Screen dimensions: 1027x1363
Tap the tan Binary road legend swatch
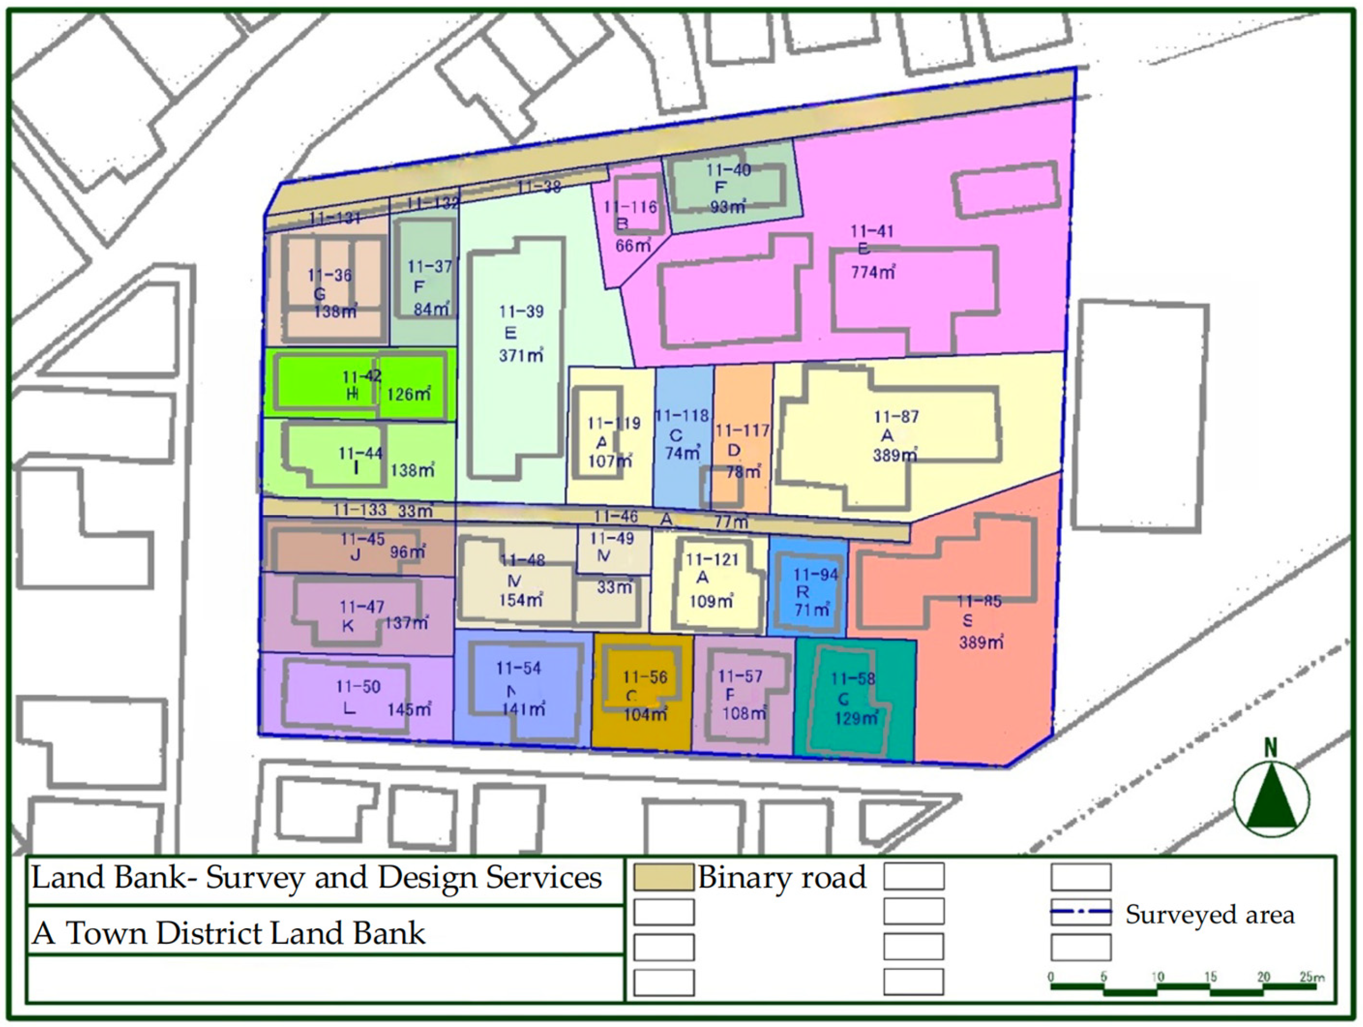click(664, 877)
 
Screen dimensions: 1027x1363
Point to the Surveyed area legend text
click(1210, 915)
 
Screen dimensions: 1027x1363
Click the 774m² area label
click(873, 271)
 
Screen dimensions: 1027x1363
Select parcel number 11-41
click(871, 232)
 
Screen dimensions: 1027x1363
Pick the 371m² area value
click(521, 356)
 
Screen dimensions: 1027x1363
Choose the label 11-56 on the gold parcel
click(645, 677)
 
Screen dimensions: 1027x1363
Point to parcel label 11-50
click(358, 687)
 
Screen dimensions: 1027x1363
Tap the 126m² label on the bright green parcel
click(409, 394)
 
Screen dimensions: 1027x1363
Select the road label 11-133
click(360, 510)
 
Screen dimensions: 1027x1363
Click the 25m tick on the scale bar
click(1311, 977)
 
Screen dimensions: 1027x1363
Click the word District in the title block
click(209, 933)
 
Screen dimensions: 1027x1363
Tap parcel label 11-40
click(729, 170)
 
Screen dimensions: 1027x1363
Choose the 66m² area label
click(633, 245)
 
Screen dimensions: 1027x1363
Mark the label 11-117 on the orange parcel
click(742, 430)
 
